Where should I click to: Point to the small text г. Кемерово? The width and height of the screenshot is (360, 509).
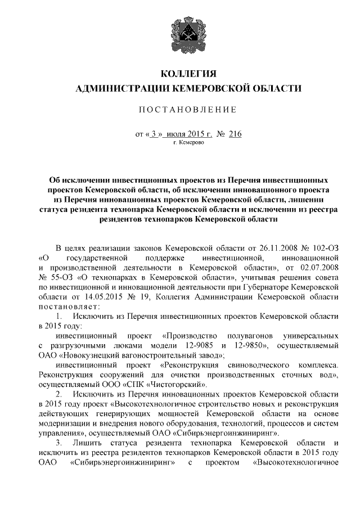[x=189, y=143]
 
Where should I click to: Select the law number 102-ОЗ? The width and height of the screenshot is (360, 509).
[x=325, y=247]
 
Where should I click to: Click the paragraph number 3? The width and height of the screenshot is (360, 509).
[x=58, y=444]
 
